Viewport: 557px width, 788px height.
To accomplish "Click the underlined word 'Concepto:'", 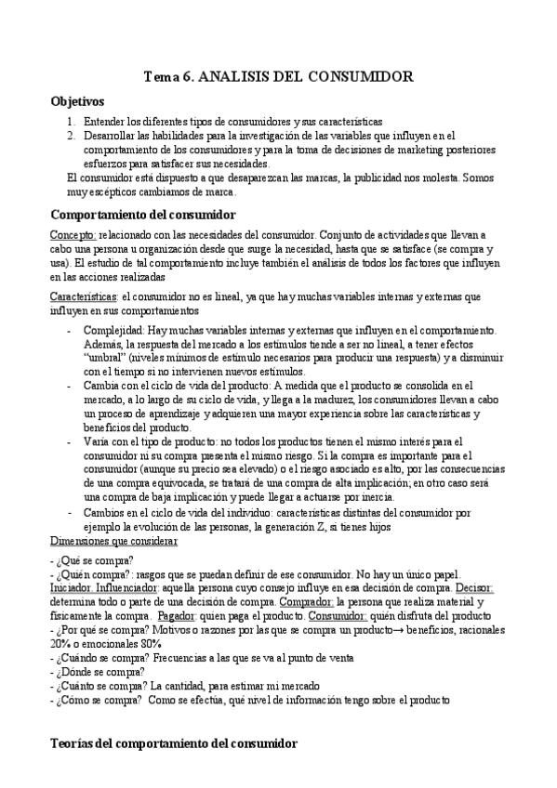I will [x=73, y=235].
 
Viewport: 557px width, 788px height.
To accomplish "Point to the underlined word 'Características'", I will [x=83, y=296].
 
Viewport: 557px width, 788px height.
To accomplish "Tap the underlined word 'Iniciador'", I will [x=71, y=588].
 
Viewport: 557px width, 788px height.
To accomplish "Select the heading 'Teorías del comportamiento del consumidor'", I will [x=173, y=743].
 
